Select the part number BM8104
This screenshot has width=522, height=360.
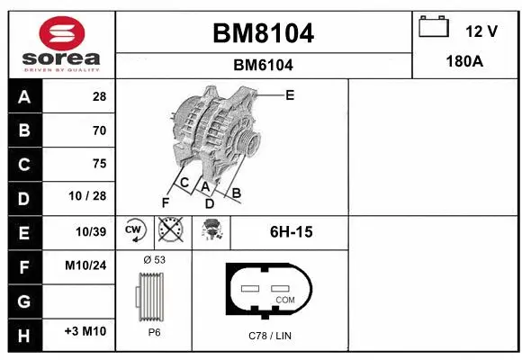coord(263,34)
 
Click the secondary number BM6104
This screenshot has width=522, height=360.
coord(263,65)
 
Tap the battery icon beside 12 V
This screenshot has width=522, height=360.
coord(434,28)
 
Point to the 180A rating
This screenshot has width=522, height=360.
coord(466,63)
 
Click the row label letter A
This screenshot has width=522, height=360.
coord(23,97)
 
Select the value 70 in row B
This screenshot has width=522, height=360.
coord(98,130)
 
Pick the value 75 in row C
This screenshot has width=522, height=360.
coord(98,164)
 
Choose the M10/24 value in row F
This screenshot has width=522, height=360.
coord(86,265)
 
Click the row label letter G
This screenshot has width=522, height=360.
coord(23,299)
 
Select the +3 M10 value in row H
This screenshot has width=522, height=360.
coord(86,332)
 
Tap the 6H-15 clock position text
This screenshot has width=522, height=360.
coord(291,232)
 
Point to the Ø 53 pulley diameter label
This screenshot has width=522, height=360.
coord(154,259)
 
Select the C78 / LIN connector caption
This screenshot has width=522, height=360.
coord(270,336)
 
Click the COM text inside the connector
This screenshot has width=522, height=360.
coord(284,299)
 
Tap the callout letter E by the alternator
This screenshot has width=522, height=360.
coord(290,94)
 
